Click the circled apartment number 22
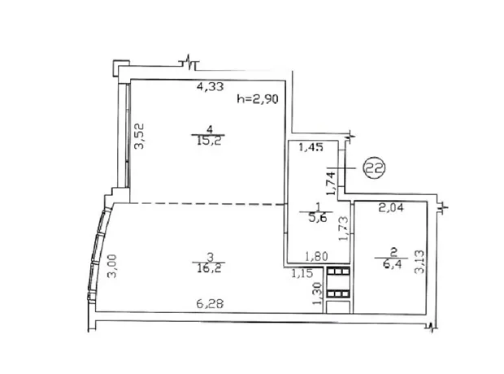374,167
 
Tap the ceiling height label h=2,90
258,99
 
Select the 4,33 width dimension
210,86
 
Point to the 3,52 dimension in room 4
140,136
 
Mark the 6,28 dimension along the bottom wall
210,303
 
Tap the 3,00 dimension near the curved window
112,266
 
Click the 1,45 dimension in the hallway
311,147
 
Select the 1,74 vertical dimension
331,183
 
